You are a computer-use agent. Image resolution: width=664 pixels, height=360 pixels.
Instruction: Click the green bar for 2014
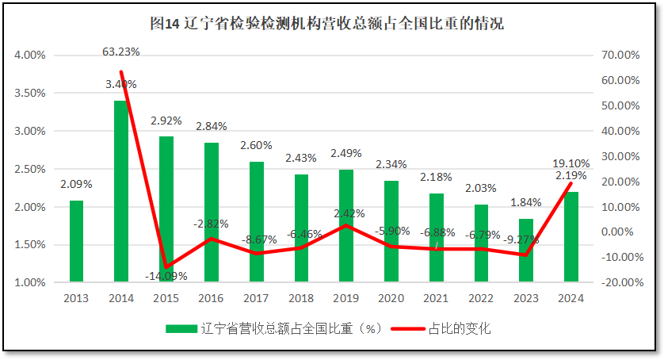[x=121, y=191]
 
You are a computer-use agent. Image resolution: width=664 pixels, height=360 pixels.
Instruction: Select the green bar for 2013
[x=76, y=241]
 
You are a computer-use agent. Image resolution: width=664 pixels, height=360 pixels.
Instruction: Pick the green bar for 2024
[x=571, y=237]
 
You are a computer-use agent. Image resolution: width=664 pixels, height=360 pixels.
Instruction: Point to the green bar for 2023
[x=526, y=251]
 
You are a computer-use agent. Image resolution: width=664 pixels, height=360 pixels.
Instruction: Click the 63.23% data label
[x=121, y=52]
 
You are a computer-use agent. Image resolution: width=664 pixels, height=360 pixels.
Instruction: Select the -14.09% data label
[x=165, y=276]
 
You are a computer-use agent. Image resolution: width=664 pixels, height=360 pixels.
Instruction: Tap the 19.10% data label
[x=571, y=163]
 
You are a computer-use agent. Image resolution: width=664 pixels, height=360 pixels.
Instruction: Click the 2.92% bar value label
[x=166, y=121]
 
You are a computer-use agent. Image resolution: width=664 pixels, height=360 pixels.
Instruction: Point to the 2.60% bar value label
[x=256, y=146]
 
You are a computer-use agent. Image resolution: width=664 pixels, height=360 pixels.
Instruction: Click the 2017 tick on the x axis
[x=256, y=299]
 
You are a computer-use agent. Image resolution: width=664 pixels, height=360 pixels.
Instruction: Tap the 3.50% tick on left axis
[x=30, y=94]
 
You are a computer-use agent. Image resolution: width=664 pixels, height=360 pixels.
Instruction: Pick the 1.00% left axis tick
[x=30, y=283]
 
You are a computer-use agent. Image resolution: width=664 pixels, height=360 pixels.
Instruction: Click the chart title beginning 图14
[x=326, y=24]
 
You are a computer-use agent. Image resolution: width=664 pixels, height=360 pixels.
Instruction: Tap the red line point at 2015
[x=166, y=267]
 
